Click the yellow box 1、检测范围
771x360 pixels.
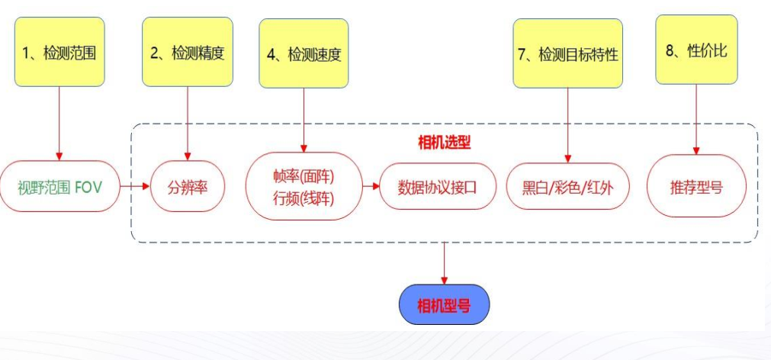click(59, 52)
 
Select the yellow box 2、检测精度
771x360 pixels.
click(187, 52)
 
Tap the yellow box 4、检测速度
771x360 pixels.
click(304, 53)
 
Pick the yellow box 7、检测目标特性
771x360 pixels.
click(567, 53)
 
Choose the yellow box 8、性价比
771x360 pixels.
click(696, 50)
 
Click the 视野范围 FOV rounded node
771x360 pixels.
click(60, 186)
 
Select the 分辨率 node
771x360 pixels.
click(187, 186)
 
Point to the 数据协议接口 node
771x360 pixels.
click(437, 186)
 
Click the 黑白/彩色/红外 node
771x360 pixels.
click(567, 186)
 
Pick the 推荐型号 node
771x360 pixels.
click(696, 186)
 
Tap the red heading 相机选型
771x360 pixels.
click(444, 143)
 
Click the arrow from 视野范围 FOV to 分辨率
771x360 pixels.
click(135, 186)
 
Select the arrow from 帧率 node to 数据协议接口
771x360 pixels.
click(370, 186)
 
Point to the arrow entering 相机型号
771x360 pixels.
click(444, 264)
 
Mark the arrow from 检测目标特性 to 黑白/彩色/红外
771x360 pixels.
click(567, 122)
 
